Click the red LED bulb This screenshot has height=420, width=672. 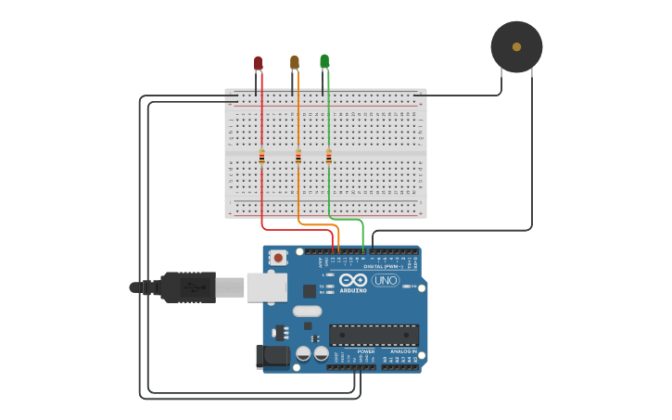coord(258,63)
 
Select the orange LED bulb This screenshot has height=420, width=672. coord(295,62)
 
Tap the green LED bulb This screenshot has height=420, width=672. coord(324,61)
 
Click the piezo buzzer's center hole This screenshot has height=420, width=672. coord(516,46)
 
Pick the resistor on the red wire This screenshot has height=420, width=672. coord(261,157)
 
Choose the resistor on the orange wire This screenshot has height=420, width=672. coord(298,157)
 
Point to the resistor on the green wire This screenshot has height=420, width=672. coord(328,157)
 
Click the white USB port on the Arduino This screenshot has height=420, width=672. coord(266,287)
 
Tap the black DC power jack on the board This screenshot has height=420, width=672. coord(271,355)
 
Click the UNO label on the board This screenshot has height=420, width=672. coord(385,280)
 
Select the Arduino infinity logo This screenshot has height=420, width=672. coord(353,280)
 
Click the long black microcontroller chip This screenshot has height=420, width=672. coord(374,335)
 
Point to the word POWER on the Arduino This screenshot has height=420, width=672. coord(366,351)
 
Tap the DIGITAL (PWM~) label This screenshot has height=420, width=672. coord(383,266)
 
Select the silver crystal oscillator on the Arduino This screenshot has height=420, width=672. coord(307,312)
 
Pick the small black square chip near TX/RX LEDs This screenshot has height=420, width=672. coord(309,290)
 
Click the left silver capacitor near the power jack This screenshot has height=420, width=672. coord(303,353)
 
